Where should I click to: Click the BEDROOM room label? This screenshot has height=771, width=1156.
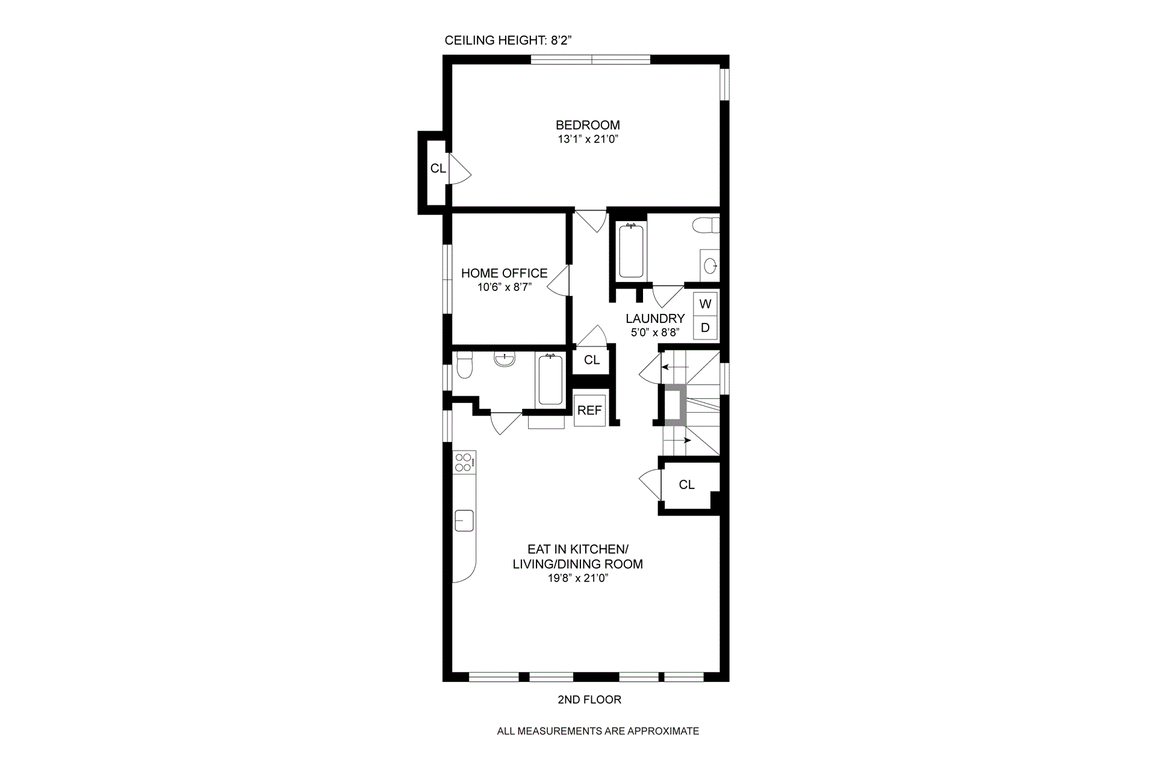588,125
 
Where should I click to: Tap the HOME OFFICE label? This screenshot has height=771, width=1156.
505,273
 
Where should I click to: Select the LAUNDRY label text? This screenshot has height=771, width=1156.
655,319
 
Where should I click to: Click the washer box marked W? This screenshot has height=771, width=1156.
706,304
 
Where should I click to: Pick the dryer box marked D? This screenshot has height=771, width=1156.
706,328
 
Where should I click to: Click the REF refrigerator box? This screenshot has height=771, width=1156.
589,410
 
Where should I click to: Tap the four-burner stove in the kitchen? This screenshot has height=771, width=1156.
464,463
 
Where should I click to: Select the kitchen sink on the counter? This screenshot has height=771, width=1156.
464,520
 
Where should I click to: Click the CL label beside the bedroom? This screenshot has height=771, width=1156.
438,169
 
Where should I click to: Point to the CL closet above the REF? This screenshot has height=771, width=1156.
592,360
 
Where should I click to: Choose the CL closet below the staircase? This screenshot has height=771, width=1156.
686,484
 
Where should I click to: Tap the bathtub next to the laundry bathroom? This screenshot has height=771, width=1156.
631,251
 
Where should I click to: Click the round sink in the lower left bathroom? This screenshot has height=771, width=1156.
505,360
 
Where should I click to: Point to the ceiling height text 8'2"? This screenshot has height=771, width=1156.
561,40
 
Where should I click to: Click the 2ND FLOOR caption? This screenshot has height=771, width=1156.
589,699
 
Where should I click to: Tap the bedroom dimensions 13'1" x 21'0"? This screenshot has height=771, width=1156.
588,139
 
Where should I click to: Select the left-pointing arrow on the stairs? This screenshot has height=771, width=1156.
674,366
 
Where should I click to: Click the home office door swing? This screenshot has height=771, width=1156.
558,281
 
